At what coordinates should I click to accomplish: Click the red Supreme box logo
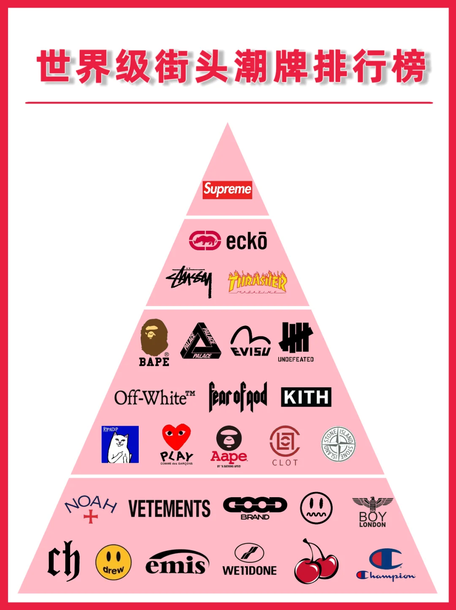coord(227,189)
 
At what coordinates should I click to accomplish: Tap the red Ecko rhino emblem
coord(205,241)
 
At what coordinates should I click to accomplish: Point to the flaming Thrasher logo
coord(257,281)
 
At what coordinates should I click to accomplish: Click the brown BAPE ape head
coord(154,337)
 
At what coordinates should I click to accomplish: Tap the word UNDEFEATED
coord(296,359)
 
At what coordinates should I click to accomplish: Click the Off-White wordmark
coord(155,397)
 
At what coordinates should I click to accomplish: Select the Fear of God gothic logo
coord(238,397)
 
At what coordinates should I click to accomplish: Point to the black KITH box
coord(306,397)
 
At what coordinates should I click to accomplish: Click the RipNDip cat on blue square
coord(120,444)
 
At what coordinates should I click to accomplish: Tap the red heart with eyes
coord(176,436)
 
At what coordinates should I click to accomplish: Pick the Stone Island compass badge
coord(338,444)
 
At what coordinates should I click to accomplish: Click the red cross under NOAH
coord(91,517)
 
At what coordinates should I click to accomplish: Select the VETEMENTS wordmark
coord(169,509)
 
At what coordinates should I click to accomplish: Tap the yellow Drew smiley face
coord(114,562)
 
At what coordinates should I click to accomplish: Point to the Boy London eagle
coord(372,503)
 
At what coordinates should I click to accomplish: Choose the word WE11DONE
coord(250,571)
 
